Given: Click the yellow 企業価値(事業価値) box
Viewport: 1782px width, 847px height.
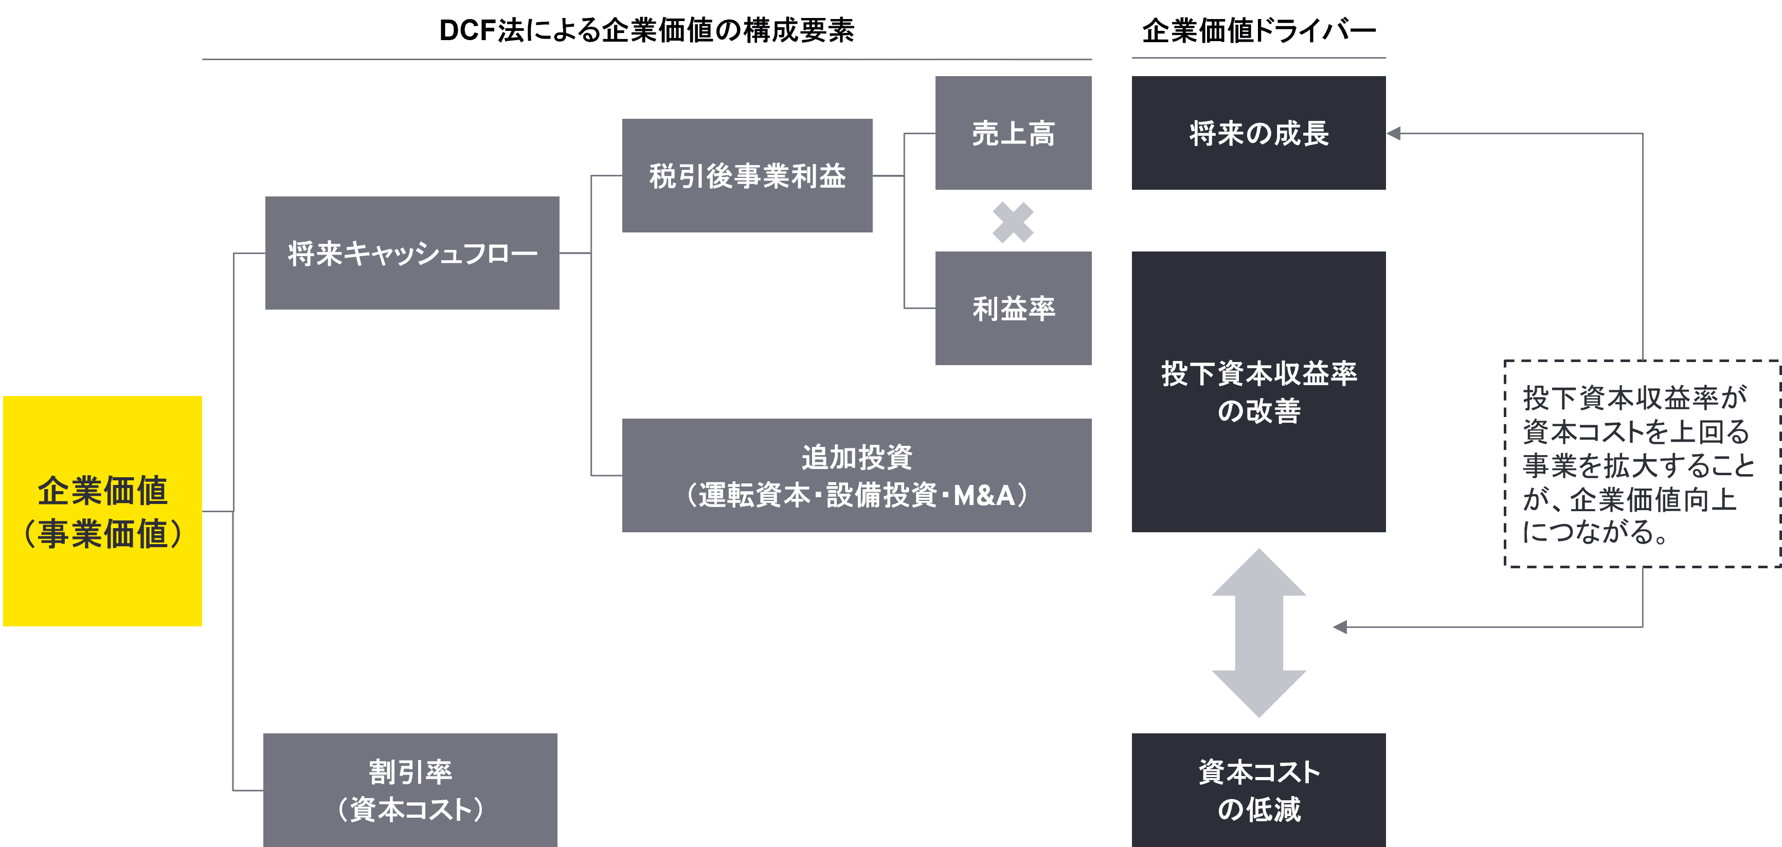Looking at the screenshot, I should pyautogui.click(x=102, y=511).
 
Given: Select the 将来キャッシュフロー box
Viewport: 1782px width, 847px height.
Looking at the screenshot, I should pyautogui.click(x=412, y=253).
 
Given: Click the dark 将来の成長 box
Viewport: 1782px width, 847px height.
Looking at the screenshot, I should pyautogui.click(x=1258, y=133).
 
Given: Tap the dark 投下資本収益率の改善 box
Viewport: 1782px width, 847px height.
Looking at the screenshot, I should pyautogui.click(x=1258, y=392).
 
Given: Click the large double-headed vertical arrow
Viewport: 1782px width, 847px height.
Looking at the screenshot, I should pyautogui.click(x=1258, y=633).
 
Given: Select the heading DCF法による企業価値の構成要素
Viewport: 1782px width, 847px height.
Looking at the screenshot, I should pyautogui.click(x=647, y=30).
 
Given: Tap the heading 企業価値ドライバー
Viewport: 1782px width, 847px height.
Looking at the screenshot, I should pyautogui.click(x=1258, y=30).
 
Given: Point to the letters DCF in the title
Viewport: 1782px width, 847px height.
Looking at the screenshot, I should pyautogui.click(x=467, y=30).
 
